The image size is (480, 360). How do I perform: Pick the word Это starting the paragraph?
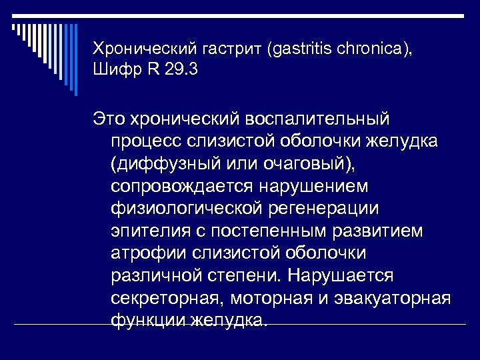tap(109, 119)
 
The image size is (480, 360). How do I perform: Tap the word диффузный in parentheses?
tap(164, 164)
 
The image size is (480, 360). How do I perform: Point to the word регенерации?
tap(323, 209)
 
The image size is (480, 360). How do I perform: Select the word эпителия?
tap(149, 231)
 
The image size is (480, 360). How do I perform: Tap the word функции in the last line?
tap(147, 320)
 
